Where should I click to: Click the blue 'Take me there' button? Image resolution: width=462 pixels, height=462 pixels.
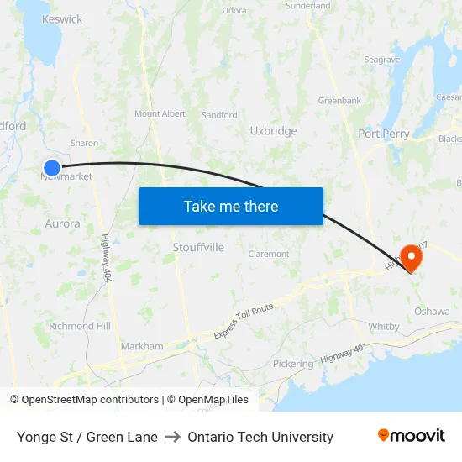(231, 206)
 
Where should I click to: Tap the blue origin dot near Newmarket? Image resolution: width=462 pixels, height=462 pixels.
(52, 168)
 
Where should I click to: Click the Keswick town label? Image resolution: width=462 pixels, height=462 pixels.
(62, 19)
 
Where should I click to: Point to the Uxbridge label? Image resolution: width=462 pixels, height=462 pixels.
(273, 131)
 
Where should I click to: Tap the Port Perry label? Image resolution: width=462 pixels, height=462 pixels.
(384, 134)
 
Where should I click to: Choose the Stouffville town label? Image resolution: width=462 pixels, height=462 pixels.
(198, 248)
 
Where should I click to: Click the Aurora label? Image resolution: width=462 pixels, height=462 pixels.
(62, 224)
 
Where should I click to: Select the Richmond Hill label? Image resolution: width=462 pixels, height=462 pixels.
(80, 326)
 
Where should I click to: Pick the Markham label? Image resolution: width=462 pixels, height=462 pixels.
(142, 346)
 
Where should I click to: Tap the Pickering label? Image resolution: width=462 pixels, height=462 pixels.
(292, 364)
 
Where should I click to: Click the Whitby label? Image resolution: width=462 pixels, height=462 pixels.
(384, 326)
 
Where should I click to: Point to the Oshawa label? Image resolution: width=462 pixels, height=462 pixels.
(432, 311)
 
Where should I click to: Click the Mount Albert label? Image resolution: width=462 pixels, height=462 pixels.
(160, 113)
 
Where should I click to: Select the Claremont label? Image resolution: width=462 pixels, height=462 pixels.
(269, 254)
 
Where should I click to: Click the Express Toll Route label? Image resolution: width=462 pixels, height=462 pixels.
(244, 322)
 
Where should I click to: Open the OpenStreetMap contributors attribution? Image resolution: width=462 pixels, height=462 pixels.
(90, 400)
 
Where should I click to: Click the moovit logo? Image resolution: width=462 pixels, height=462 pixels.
(412, 436)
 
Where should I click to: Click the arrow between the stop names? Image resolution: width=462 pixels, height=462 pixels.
(172, 437)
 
